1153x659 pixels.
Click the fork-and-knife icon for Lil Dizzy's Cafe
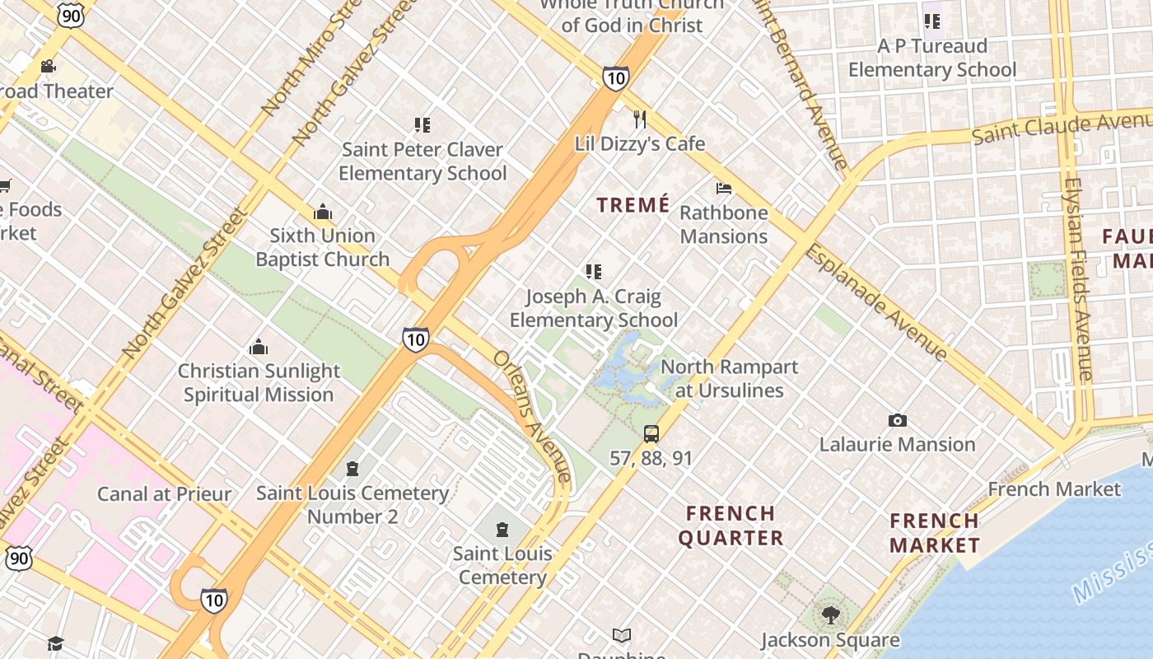(640, 119)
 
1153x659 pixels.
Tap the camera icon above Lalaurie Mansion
(897, 421)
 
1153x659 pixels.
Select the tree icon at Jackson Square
(830, 615)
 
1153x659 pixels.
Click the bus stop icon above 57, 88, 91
(651, 433)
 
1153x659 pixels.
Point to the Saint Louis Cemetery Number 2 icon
(352, 469)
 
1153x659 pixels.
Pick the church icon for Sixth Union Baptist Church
(322, 212)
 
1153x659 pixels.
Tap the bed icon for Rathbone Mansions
(724, 189)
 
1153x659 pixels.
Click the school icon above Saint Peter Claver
(422, 125)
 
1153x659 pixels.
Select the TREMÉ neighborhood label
(633, 205)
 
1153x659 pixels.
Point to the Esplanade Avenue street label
(876, 302)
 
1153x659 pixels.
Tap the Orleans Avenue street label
(532, 417)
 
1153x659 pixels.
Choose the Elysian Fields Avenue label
(1077, 280)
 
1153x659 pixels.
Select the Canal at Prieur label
(164, 494)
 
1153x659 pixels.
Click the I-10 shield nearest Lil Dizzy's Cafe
(615, 77)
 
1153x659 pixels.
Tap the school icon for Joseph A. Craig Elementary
(593, 271)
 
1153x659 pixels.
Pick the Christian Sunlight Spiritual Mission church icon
(259, 347)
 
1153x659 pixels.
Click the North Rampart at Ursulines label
(730, 378)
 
